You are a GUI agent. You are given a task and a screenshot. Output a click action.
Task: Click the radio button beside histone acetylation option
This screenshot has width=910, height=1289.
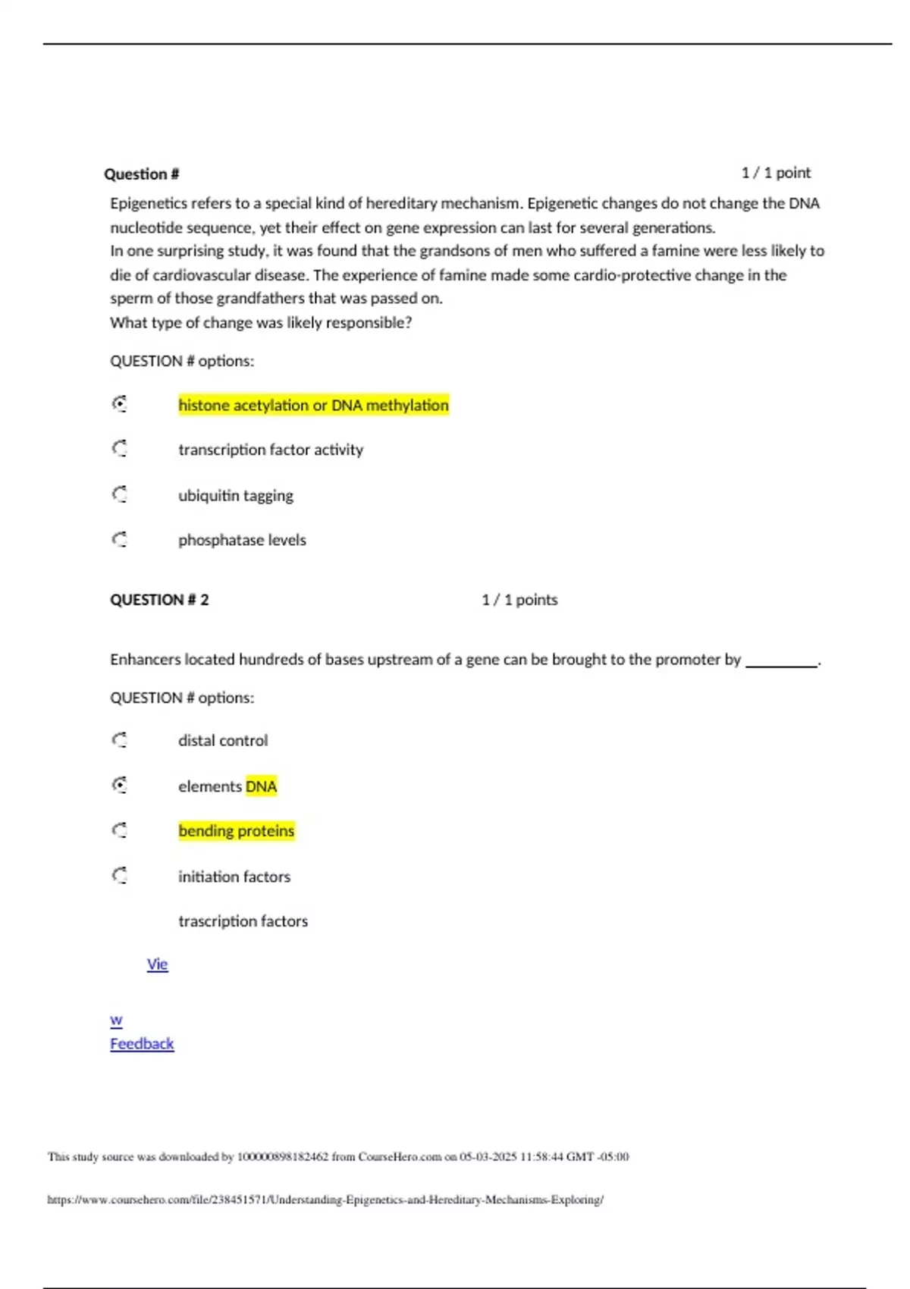coord(120,404)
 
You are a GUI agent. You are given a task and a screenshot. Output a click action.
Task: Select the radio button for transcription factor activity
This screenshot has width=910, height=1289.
coord(120,449)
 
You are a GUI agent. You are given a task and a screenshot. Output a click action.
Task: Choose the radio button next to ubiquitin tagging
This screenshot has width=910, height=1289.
coord(120,494)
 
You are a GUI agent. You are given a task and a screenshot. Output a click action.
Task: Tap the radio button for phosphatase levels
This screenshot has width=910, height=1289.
coord(120,539)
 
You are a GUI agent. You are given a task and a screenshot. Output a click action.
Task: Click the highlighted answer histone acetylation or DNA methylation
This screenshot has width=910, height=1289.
coord(313,405)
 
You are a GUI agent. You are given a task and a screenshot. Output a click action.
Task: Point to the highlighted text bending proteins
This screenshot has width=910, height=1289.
coord(236,831)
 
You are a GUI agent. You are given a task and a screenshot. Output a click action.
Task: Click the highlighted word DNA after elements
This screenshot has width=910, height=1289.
coord(261,786)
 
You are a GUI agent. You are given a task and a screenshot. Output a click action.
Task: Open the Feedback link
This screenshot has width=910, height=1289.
coord(142,1043)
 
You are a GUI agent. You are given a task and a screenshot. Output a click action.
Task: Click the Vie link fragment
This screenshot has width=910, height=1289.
coord(157,964)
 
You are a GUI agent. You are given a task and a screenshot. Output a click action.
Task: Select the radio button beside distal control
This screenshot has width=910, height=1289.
coord(120,740)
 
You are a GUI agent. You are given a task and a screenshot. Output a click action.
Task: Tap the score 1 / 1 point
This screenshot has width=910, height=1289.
coord(775,173)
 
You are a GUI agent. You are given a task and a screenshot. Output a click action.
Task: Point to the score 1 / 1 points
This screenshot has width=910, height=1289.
coord(519,600)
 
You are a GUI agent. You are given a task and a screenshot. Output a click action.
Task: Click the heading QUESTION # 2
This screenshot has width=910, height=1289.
coord(159,600)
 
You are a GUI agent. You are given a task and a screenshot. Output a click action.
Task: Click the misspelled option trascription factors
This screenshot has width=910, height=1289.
coord(243,921)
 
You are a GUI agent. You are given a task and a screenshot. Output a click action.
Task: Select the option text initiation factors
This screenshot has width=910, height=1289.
coord(234,877)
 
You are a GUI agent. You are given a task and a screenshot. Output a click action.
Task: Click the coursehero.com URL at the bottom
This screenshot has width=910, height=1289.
coord(325,1200)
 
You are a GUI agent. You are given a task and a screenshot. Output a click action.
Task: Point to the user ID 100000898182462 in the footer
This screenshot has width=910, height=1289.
coord(283,1157)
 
